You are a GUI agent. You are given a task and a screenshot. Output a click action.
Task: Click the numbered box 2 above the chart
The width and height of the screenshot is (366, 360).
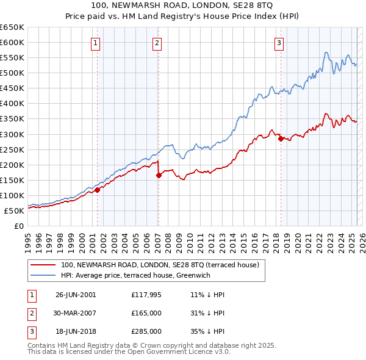pyautogui.click(x=157, y=43)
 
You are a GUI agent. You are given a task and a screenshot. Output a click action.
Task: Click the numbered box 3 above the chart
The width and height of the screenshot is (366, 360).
pyautogui.click(x=279, y=43)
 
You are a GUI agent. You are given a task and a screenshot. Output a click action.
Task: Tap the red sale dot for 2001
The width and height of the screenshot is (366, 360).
pyautogui.click(x=97, y=190)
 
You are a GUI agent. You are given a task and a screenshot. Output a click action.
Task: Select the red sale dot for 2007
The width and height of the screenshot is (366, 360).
pyautogui.click(x=159, y=175)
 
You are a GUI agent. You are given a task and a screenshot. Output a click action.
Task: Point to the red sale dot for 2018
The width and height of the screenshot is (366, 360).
pyautogui.click(x=281, y=139)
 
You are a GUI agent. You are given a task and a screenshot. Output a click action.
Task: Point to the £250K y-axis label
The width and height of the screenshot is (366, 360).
pyautogui.click(x=12, y=149)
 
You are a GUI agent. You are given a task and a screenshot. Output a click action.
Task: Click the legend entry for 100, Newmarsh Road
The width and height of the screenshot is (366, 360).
pyautogui.click(x=160, y=265)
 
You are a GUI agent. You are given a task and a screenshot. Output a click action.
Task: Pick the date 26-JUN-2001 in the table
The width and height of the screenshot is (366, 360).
pyautogui.click(x=76, y=294)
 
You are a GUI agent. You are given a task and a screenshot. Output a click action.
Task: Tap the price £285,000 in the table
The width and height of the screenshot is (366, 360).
pyautogui.click(x=146, y=332)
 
